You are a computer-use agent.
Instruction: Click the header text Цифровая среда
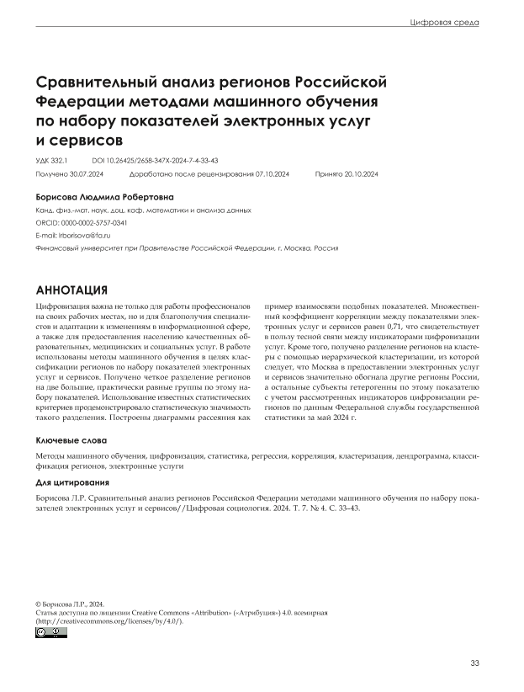(443, 23)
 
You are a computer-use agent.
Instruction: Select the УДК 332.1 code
(51, 158)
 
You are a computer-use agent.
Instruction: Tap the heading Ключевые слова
(71, 441)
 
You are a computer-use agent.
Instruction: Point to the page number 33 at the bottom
(475, 664)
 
